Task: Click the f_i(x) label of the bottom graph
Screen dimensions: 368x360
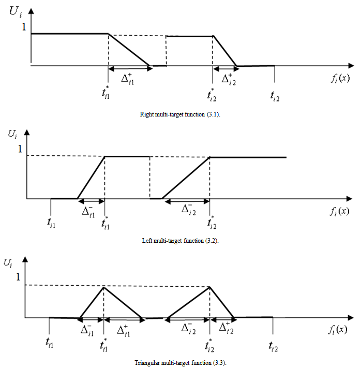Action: point(339,329)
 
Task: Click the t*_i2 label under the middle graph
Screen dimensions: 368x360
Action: point(212,224)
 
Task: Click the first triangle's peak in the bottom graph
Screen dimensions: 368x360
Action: point(104,286)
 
